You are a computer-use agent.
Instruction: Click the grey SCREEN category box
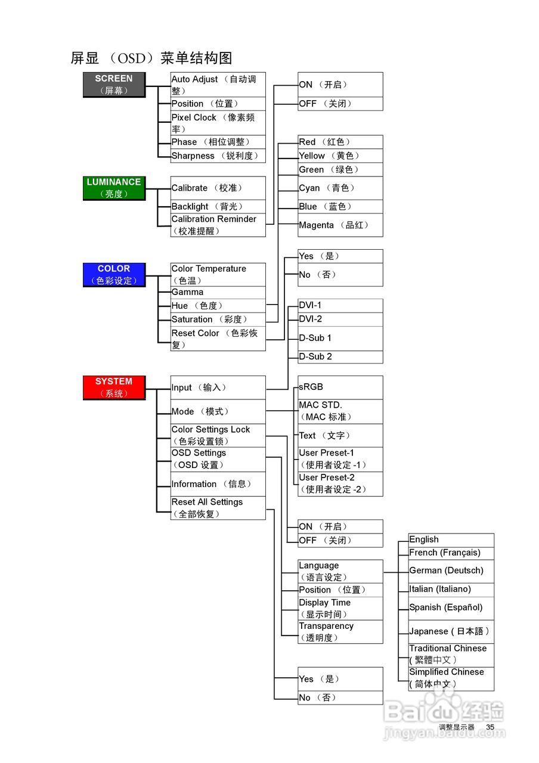(113, 85)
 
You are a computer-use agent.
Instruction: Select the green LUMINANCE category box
(113, 188)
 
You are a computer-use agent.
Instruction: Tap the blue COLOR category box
(113, 274)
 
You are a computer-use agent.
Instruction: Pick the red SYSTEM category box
(113, 387)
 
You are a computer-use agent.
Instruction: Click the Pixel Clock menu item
(218, 123)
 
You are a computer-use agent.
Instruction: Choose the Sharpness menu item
(218, 156)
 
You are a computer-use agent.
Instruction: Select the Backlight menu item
(218, 206)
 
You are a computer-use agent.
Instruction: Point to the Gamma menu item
(218, 292)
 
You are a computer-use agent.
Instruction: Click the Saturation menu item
(218, 320)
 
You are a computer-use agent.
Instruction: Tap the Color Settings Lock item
(218, 435)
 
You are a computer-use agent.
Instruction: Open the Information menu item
(218, 484)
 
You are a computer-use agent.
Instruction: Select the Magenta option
(340, 225)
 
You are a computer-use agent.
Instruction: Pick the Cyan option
(340, 188)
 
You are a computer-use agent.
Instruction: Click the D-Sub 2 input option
(340, 356)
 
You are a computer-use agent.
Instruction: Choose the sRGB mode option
(340, 387)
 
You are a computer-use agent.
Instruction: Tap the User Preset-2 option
(340, 483)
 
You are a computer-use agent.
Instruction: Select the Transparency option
(340, 632)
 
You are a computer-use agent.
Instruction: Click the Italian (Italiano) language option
(451, 589)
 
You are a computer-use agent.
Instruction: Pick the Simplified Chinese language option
(451, 678)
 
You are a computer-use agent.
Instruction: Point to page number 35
(490, 727)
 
